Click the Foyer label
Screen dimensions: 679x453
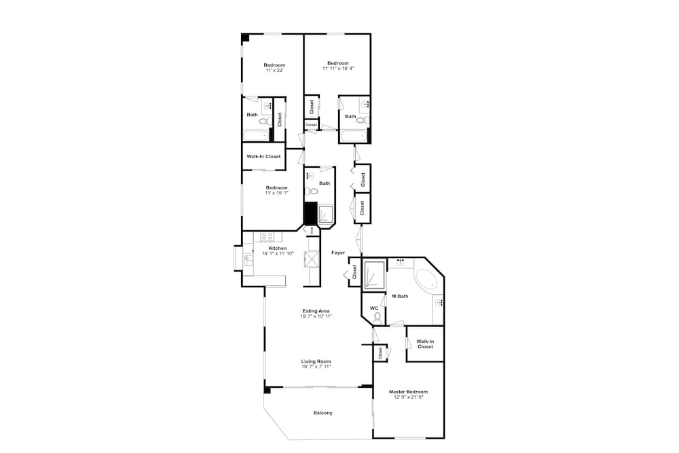(338, 253)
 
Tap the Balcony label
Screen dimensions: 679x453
(323, 413)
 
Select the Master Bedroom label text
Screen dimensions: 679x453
(408, 391)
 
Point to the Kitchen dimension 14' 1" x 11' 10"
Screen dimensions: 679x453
(278, 253)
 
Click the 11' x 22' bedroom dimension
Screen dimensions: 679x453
(274, 70)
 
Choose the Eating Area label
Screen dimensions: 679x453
(316, 310)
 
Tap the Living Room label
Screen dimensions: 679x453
(316, 361)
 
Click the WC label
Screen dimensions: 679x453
(374, 308)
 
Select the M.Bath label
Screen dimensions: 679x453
(400, 296)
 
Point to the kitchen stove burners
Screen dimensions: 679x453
(267, 237)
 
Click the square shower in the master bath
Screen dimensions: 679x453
(373, 274)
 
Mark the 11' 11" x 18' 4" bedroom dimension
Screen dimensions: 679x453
(338, 69)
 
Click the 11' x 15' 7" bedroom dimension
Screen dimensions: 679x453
(277, 193)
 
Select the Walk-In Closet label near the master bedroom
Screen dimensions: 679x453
(425, 344)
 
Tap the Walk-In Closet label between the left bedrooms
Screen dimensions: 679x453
(263, 156)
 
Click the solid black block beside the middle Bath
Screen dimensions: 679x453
(310, 213)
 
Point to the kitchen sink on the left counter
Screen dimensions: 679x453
(249, 260)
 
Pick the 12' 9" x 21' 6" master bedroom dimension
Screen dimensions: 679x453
(408, 397)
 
